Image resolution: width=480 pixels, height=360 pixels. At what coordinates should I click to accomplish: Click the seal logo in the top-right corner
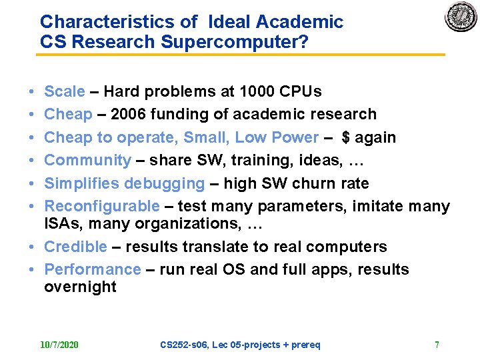coord(461,17)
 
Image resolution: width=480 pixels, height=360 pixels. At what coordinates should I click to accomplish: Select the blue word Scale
coord(64,91)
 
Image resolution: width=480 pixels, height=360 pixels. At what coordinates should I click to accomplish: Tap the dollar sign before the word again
coord(346,137)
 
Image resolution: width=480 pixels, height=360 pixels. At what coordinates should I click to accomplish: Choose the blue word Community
coord(87,160)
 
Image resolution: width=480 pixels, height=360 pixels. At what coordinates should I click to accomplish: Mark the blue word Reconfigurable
coord(101,206)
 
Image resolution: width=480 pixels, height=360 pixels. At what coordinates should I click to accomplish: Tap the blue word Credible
coord(75,247)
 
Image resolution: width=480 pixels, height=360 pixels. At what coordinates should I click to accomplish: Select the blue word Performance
coord(92,269)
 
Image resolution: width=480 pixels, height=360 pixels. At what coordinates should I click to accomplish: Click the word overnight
coord(80,287)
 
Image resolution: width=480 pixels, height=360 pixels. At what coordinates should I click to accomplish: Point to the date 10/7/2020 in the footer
coord(59,345)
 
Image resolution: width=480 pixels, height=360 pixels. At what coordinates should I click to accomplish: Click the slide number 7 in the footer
coord(437,345)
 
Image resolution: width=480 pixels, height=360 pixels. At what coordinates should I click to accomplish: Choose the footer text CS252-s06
coord(183,345)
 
